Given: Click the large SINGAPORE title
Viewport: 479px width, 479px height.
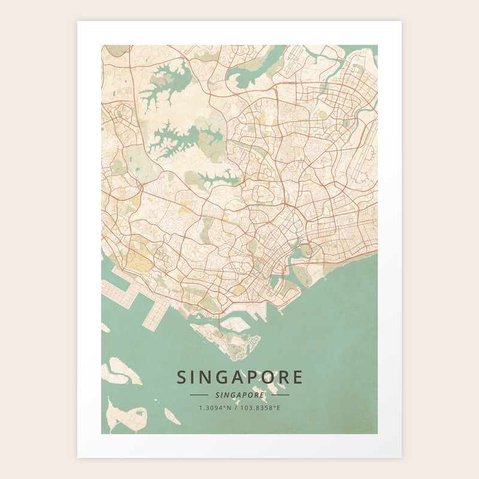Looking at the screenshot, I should pos(239,377).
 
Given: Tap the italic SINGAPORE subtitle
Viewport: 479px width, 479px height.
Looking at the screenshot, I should pos(239,395).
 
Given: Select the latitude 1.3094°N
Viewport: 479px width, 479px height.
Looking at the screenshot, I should pos(215,408).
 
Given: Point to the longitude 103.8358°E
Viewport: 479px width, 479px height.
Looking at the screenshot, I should pos(260,408).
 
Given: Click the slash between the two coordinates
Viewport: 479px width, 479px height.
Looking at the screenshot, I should pos(235,408).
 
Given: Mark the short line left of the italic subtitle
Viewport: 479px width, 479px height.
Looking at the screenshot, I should pos(199,395).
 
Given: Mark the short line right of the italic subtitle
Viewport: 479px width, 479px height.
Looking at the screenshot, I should pos(280,395).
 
